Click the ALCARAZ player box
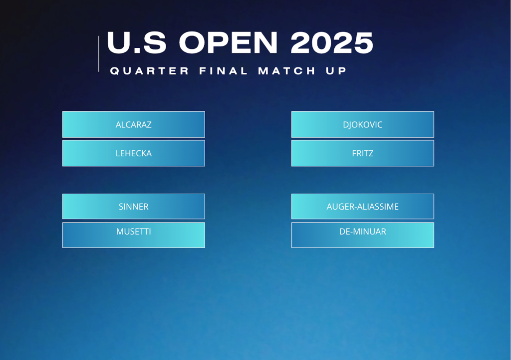pyautogui.click(x=134, y=124)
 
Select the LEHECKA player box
pyautogui.click(x=134, y=153)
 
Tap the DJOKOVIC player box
pyautogui.click(x=363, y=124)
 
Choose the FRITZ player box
pyautogui.click(x=363, y=153)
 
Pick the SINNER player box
pyautogui.click(x=134, y=206)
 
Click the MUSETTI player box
pyautogui.click(x=134, y=235)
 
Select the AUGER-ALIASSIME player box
pyautogui.click(x=363, y=206)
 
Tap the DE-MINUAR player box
pyautogui.click(x=363, y=235)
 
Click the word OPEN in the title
pyautogui.click(x=229, y=42)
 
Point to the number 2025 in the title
pyautogui.click(x=332, y=42)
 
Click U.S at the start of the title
pyautogui.click(x=137, y=42)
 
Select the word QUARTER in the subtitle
pyautogui.click(x=150, y=71)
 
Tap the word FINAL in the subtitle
pyautogui.click(x=224, y=71)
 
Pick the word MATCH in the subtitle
pyautogui.click(x=287, y=71)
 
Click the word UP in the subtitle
pyautogui.click(x=336, y=71)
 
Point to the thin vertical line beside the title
pyautogui.click(x=99, y=54)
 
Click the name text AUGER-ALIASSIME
pyautogui.click(x=363, y=206)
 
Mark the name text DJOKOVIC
pyautogui.click(x=363, y=124)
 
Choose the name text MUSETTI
pyautogui.click(x=134, y=232)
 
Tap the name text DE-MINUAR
pyautogui.click(x=363, y=232)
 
